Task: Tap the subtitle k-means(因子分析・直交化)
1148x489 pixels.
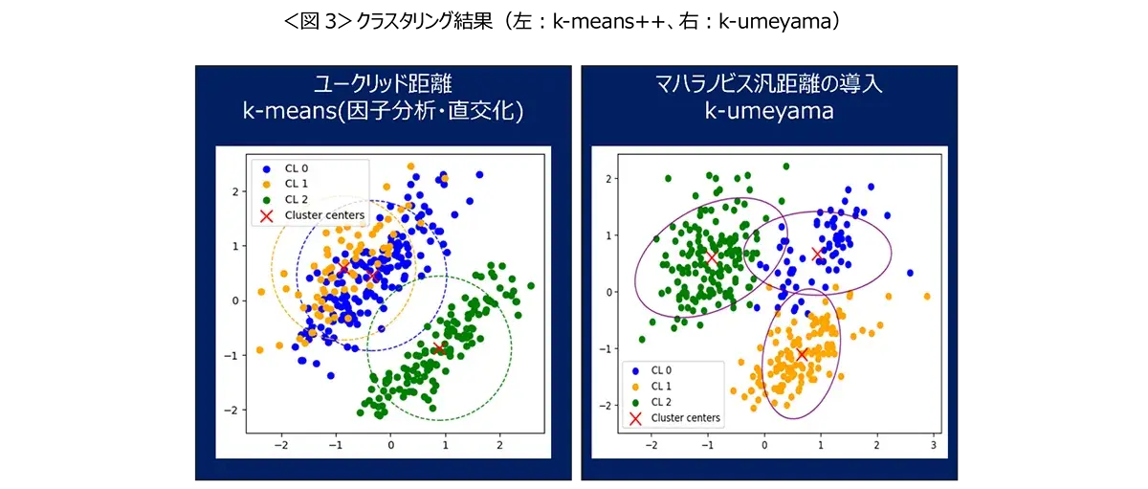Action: tap(383, 111)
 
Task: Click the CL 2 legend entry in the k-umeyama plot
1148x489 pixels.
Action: tap(661, 402)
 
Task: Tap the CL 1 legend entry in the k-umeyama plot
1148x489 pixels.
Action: tap(661, 386)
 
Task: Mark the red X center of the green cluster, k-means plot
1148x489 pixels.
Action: tap(439, 348)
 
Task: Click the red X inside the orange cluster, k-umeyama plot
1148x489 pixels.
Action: tap(802, 354)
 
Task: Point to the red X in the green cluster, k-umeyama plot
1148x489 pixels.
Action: tap(711, 257)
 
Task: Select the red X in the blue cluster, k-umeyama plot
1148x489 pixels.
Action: tap(817, 254)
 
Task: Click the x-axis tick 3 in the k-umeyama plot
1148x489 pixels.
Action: tap(933, 446)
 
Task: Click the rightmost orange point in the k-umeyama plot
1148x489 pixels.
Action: tap(926, 297)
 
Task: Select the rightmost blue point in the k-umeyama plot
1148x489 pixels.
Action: tap(910, 273)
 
